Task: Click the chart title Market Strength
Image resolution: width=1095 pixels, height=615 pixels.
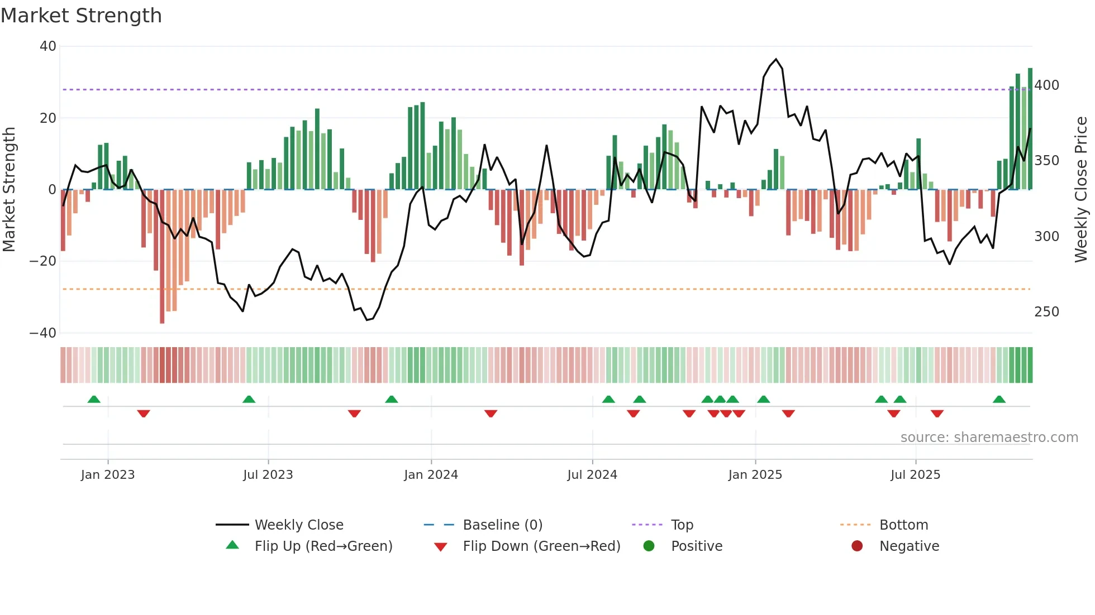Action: pyautogui.click(x=81, y=16)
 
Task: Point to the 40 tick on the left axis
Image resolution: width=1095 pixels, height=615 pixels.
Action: pyautogui.click(x=48, y=46)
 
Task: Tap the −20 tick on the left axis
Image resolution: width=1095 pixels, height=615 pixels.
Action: pyautogui.click(x=43, y=261)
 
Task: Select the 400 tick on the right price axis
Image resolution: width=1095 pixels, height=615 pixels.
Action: pyautogui.click(x=1046, y=85)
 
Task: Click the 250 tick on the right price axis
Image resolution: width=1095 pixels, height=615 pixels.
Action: pyautogui.click(x=1046, y=312)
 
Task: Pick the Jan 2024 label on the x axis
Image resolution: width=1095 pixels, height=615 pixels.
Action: pyautogui.click(x=431, y=475)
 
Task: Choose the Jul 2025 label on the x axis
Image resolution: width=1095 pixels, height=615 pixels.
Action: pyautogui.click(x=915, y=475)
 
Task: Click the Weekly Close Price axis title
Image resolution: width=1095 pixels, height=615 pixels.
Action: pyautogui.click(x=1081, y=189)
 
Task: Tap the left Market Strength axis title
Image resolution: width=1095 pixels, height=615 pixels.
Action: pyautogui.click(x=9, y=189)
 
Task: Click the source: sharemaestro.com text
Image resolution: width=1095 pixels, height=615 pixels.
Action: pyautogui.click(x=989, y=438)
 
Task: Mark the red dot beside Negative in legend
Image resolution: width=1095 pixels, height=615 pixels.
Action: pyautogui.click(x=857, y=546)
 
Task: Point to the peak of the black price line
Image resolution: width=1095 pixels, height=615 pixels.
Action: pyautogui.click(x=776, y=59)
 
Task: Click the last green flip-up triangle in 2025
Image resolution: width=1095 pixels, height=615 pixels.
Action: pyautogui.click(x=999, y=399)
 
